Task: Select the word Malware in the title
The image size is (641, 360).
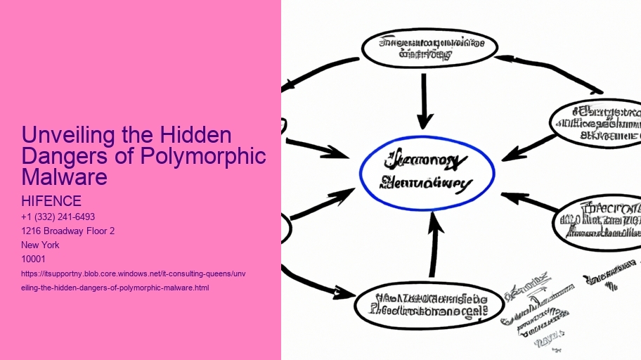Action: pos(65,176)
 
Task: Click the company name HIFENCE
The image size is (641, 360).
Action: pos(51,202)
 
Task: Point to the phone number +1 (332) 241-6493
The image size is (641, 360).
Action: pos(58,217)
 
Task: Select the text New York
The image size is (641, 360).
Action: pos(40,245)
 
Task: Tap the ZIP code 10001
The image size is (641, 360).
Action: pos(33,259)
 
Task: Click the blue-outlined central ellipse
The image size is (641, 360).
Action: pos(427,174)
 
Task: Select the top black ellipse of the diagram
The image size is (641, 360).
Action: pos(429,48)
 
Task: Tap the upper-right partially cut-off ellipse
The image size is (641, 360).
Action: pos(597,123)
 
